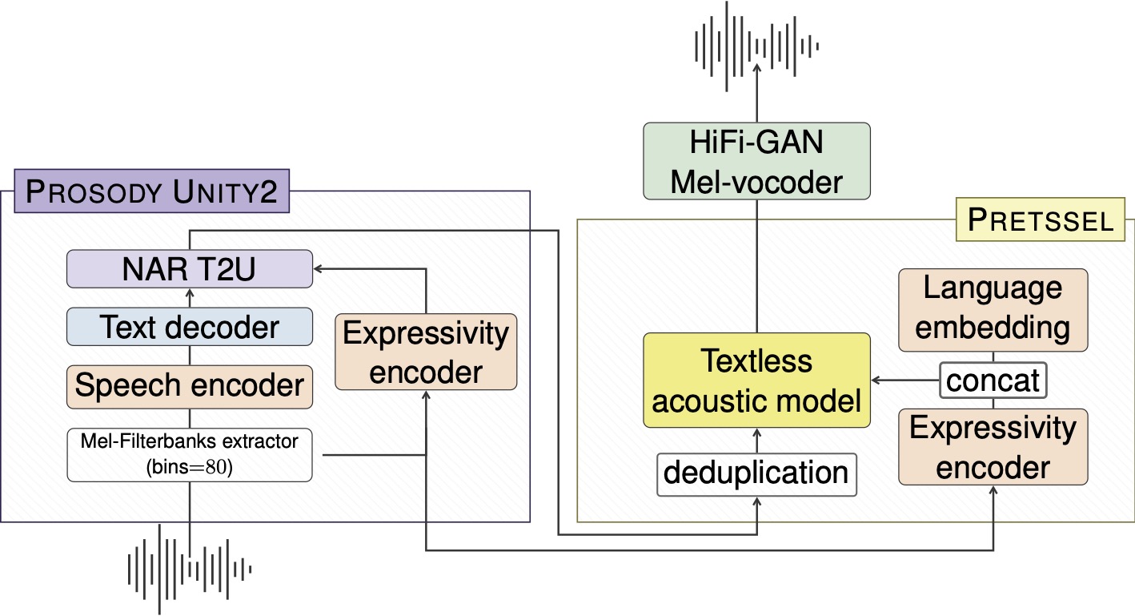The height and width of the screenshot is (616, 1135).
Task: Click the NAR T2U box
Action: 189,268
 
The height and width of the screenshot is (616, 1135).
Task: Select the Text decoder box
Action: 189,327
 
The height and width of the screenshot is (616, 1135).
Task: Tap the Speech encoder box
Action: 189,385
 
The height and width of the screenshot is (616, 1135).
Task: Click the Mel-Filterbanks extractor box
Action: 189,455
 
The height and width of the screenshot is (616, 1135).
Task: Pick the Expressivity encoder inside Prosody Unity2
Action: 426,352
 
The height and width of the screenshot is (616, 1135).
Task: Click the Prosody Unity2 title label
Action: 152,193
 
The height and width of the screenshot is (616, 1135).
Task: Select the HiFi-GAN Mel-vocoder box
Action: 756,161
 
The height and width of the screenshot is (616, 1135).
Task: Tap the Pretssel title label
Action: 1041,219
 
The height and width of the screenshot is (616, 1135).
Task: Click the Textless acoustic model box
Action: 756,380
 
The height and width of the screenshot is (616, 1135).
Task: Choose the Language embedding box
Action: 993,309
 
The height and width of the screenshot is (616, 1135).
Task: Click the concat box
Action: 993,380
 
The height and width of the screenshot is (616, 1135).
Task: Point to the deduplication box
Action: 756,473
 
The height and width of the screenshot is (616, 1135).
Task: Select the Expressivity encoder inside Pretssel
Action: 993,447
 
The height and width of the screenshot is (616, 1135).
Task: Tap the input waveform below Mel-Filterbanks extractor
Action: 190,569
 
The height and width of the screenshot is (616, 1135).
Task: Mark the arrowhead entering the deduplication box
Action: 756,500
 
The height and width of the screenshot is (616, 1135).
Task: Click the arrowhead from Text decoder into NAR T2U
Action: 190,292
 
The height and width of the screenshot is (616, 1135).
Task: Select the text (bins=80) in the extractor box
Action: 190,468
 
